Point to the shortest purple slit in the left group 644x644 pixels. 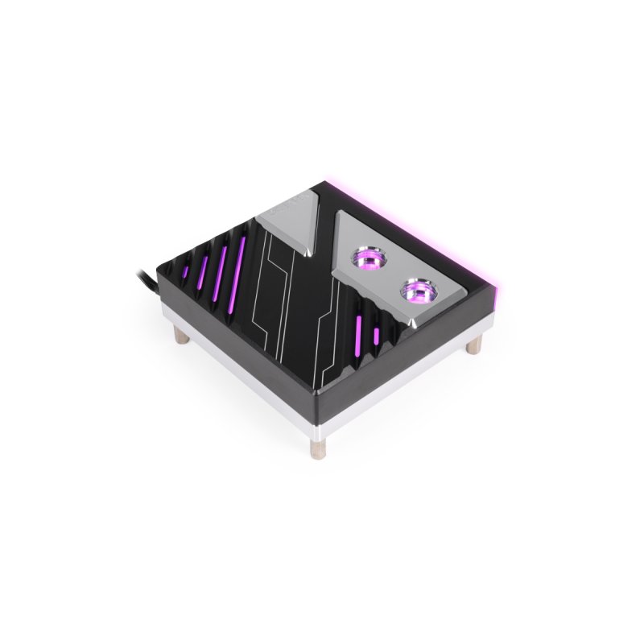coord(185,272)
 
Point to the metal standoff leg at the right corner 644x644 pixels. coord(475,345)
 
